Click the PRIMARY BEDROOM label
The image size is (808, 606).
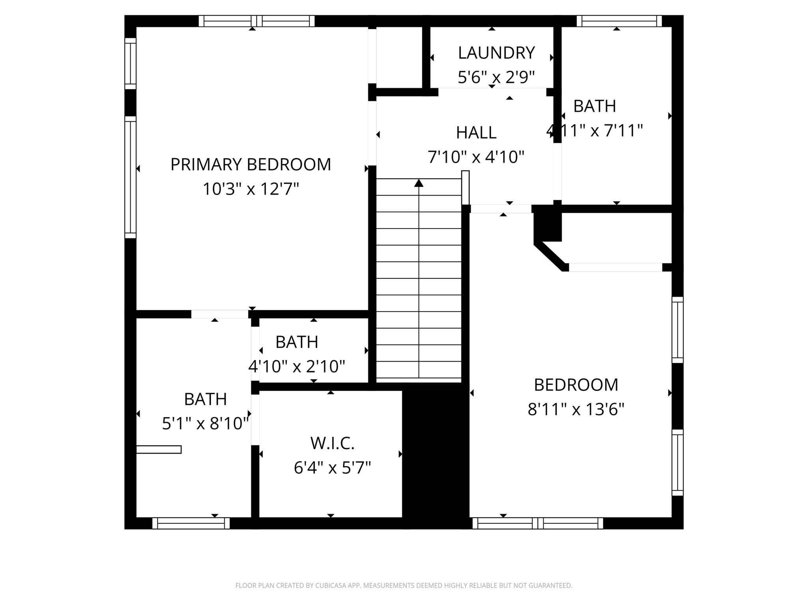[x=251, y=165]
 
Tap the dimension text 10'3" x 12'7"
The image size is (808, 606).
[x=251, y=189]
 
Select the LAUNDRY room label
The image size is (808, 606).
[x=496, y=53]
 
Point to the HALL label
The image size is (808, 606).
[x=476, y=133]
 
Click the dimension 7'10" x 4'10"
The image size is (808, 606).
[x=476, y=157]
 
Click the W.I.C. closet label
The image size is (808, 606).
[x=332, y=443]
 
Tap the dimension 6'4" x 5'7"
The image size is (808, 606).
[x=332, y=468]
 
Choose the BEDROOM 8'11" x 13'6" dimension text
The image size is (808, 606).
[x=576, y=409]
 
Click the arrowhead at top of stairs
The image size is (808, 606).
[x=419, y=183]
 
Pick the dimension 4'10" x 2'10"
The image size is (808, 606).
[x=297, y=366]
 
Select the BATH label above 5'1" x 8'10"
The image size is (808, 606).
[x=205, y=399]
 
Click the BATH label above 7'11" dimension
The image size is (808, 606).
[x=595, y=106]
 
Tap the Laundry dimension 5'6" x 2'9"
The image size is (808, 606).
[x=496, y=77]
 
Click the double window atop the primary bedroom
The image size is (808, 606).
[x=256, y=21]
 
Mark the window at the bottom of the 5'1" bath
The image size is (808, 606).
[x=191, y=523]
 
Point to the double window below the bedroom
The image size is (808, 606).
[x=538, y=523]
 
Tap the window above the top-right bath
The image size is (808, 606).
[x=619, y=21]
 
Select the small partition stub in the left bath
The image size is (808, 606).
[x=159, y=449]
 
